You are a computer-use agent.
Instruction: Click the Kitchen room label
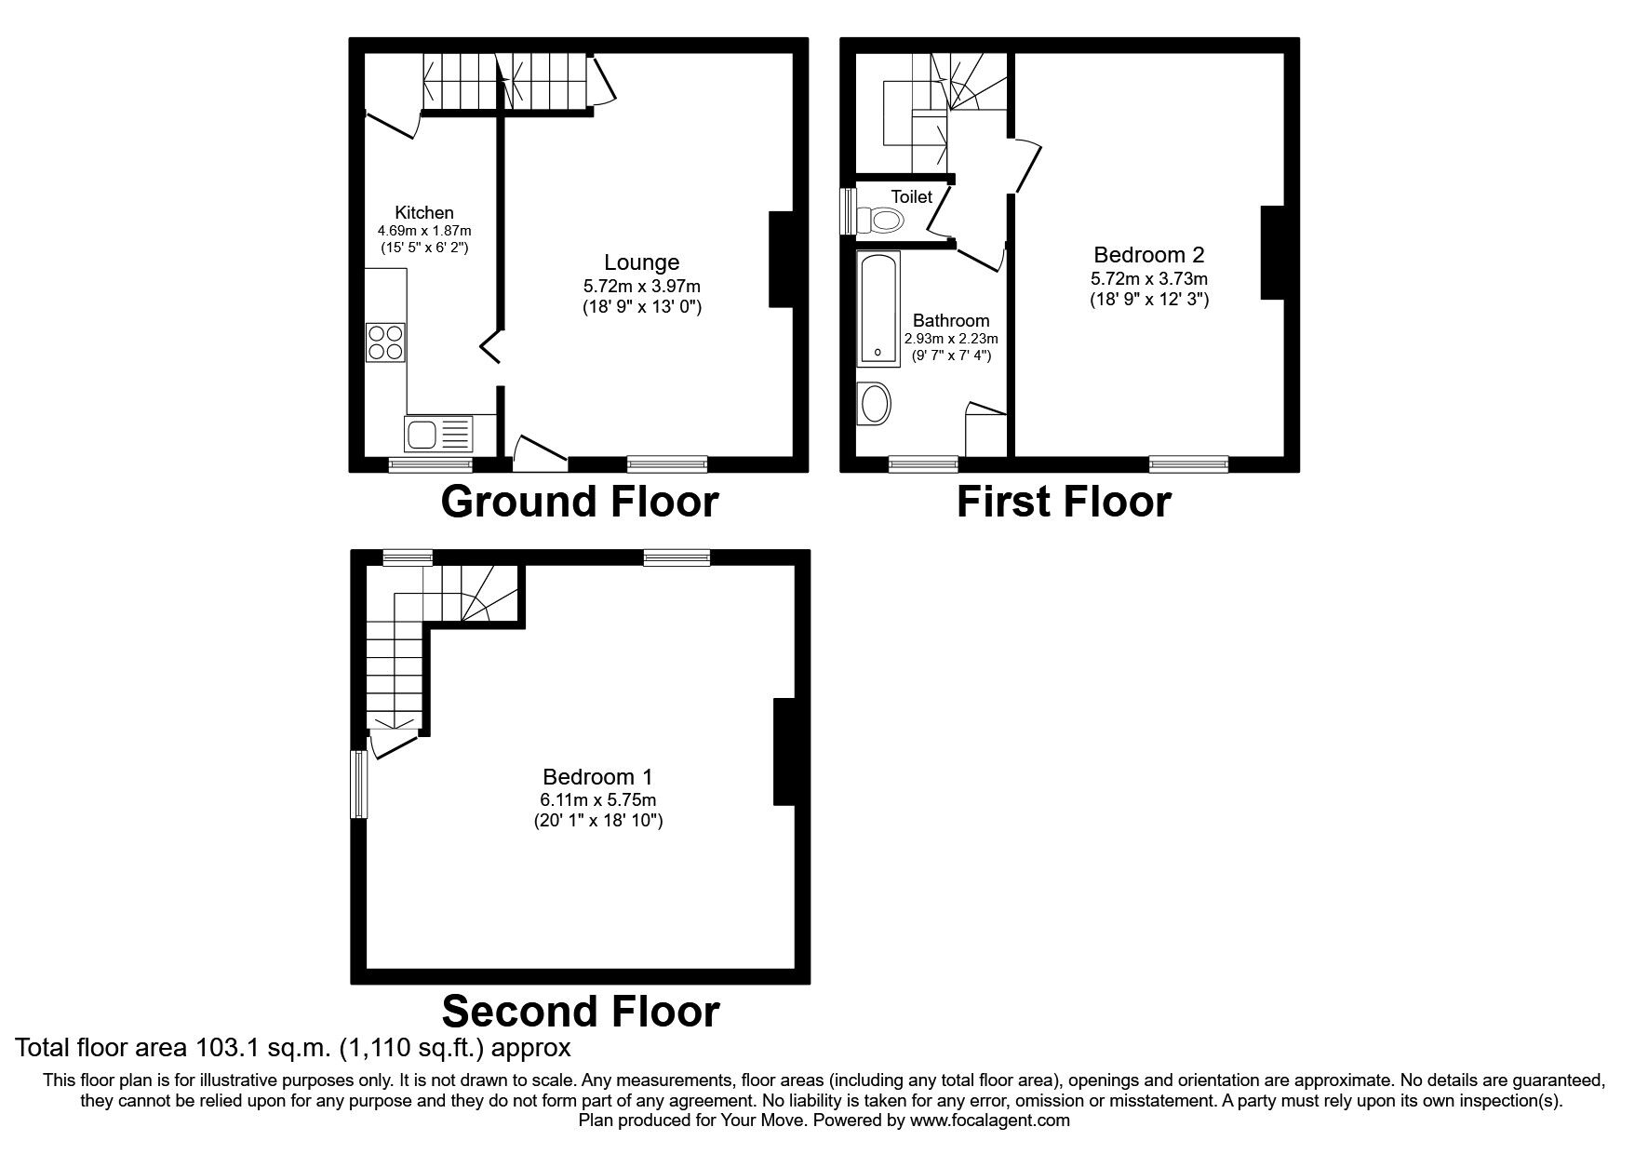coord(424,212)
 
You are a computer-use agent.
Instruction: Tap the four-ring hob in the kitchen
coord(386,342)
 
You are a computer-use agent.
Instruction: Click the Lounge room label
coord(641,262)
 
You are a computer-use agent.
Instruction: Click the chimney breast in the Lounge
coord(782,260)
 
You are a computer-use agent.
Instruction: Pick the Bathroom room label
coord(950,320)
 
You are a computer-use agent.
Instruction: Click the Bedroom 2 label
coord(1148,254)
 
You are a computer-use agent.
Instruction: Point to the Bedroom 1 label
coord(597,776)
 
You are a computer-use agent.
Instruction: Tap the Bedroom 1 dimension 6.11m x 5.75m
coord(597,799)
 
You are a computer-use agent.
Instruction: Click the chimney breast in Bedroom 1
coord(784,751)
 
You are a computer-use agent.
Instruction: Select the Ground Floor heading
coord(579,502)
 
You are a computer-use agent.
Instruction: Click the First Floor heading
coord(1063,503)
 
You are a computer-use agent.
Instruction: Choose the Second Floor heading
coord(580,1011)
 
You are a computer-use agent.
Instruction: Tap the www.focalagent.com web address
coord(990,1120)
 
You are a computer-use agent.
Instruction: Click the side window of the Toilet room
coord(847,212)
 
